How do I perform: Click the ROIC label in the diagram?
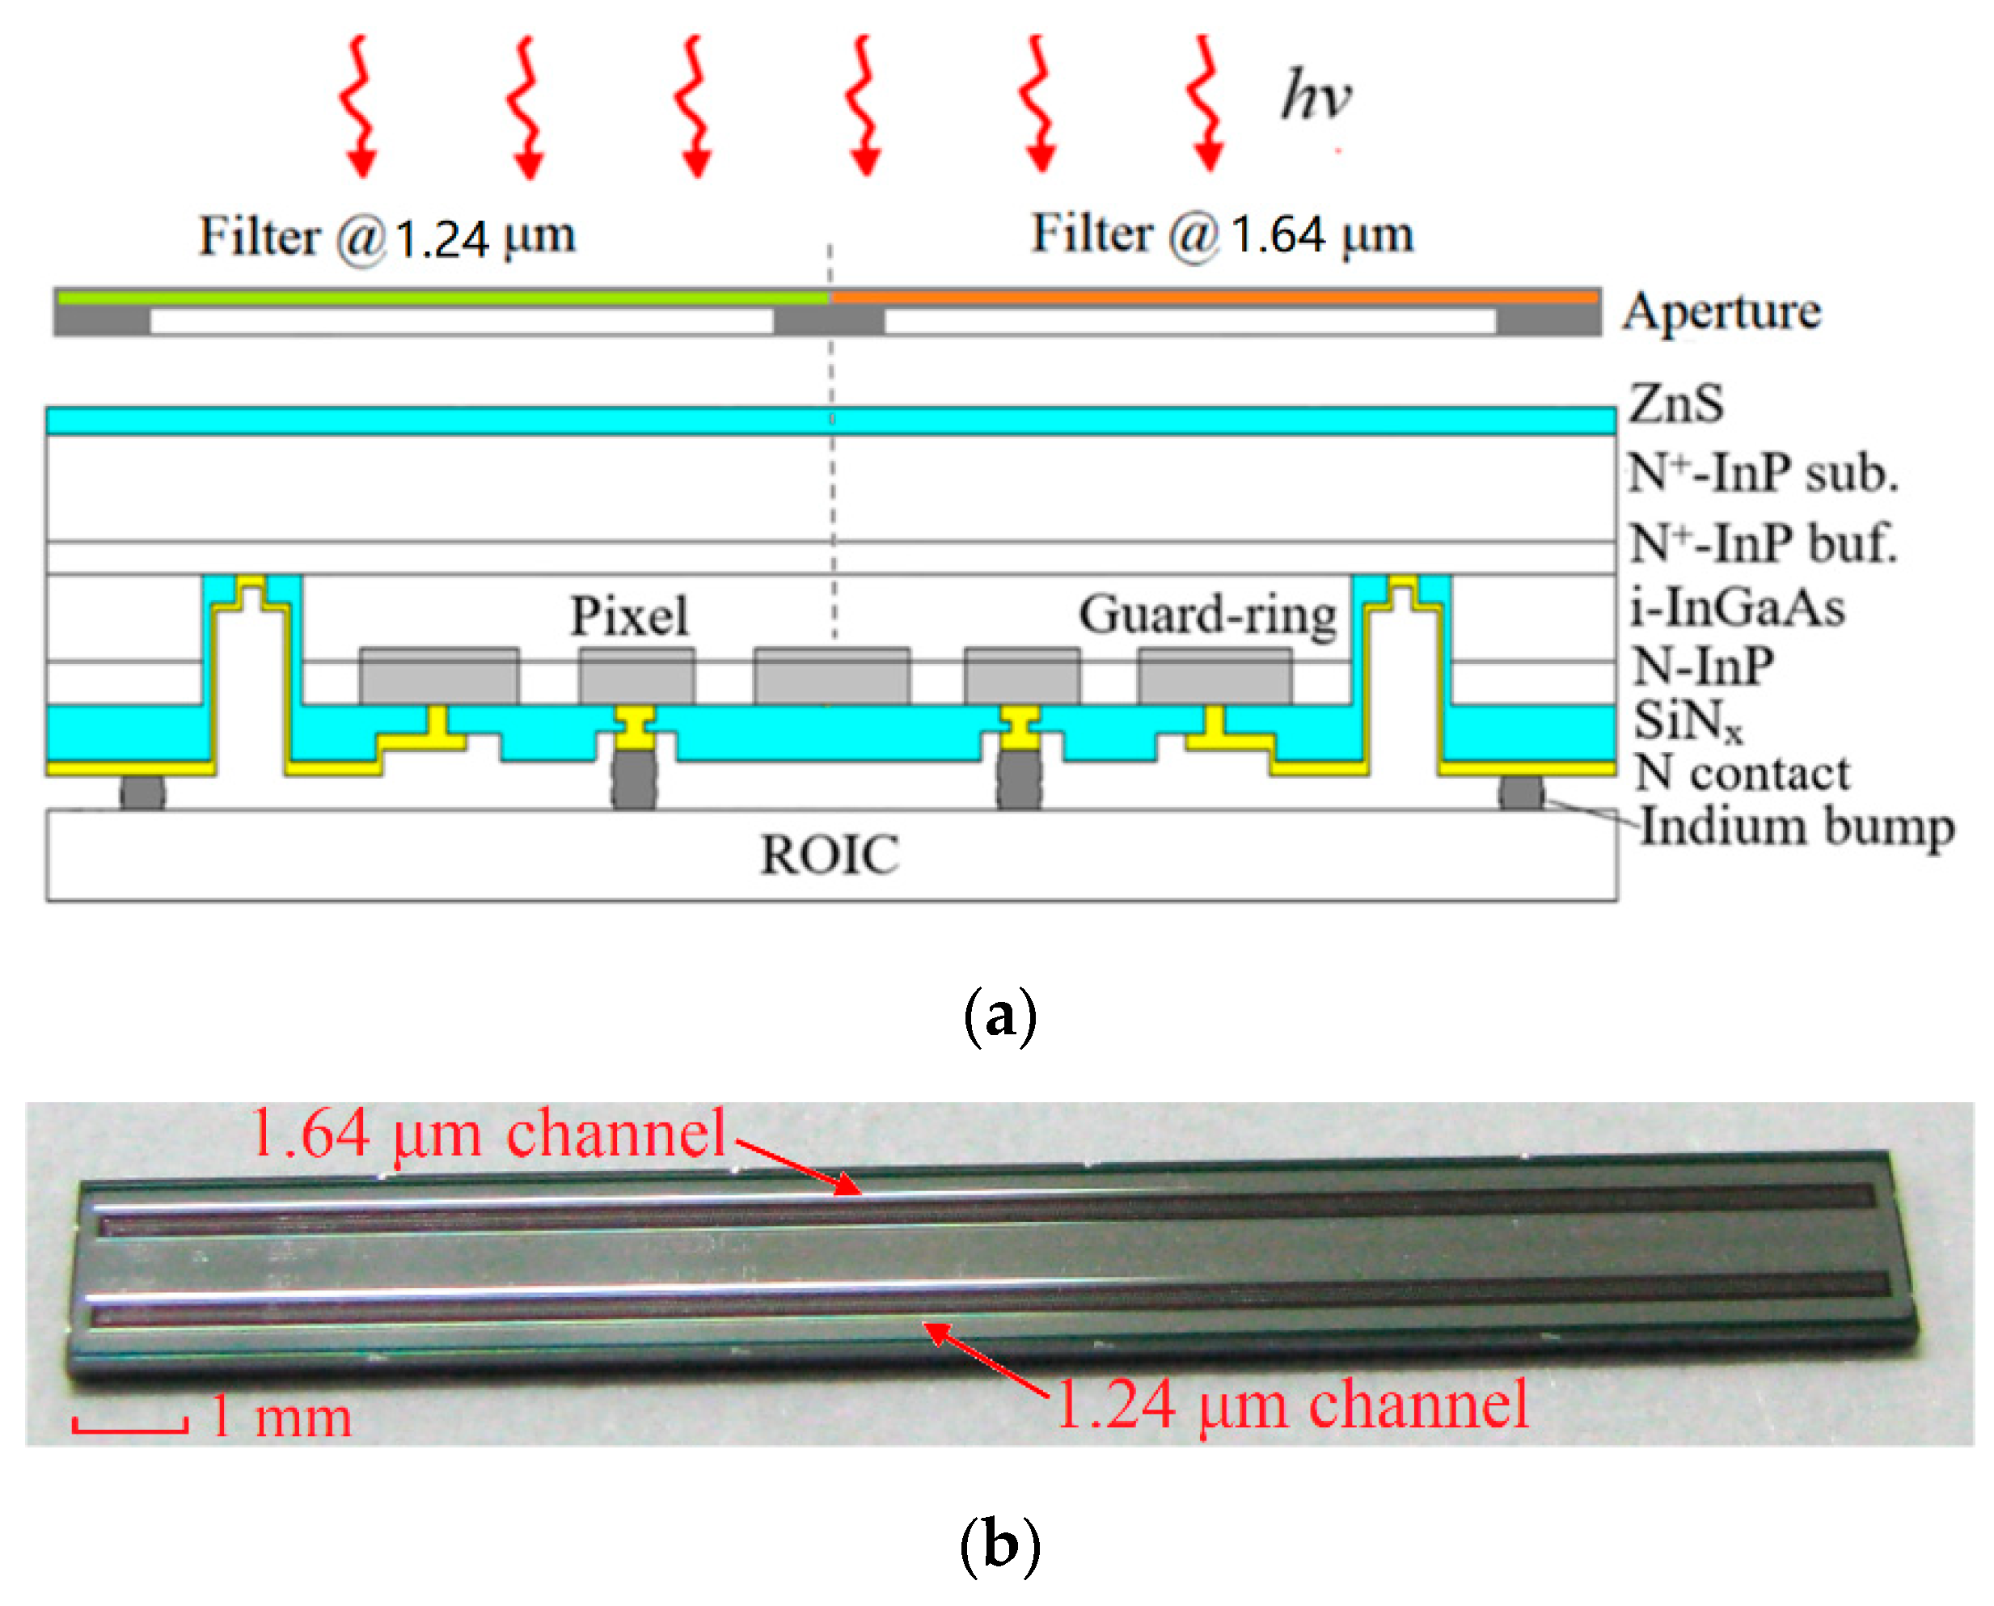coord(829,854)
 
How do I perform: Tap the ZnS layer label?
coord(1676,404)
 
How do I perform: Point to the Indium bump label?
coord(1796,826)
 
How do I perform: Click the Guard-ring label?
coord(1207,615)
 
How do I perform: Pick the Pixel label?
coord(629,615)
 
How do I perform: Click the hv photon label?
coord(1315,95)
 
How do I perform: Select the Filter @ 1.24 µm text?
coord(387,237)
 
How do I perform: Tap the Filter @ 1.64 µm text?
coord(1222,234)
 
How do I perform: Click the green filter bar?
coord(442,298)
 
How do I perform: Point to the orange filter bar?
coord(1215,297)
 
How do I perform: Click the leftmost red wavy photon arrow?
coord(359,107)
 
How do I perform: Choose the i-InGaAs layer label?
coord(1737,608)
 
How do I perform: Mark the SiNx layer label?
coord(1687,720)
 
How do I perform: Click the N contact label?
coord(1742,772)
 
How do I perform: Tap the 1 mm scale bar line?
coord(130,1431)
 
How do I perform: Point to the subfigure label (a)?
coord(999,1016)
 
